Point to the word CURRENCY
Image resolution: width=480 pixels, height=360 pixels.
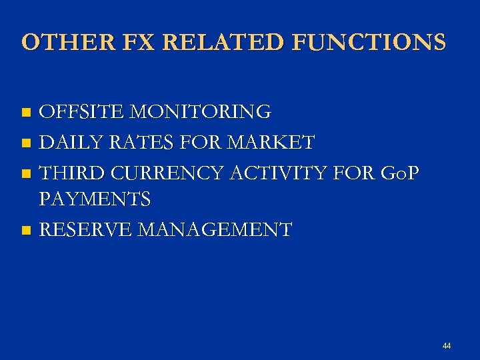(x=169, y=173)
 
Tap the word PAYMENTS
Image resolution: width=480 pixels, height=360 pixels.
(x=95, y=199)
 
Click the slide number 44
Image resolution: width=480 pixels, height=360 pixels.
(x=446, y=346)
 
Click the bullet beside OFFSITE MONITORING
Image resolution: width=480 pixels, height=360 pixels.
(x=26, y=113)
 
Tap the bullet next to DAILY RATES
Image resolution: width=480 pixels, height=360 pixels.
(x=26, y=143)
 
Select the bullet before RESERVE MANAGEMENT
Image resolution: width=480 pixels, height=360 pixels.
(x=26, y=231)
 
